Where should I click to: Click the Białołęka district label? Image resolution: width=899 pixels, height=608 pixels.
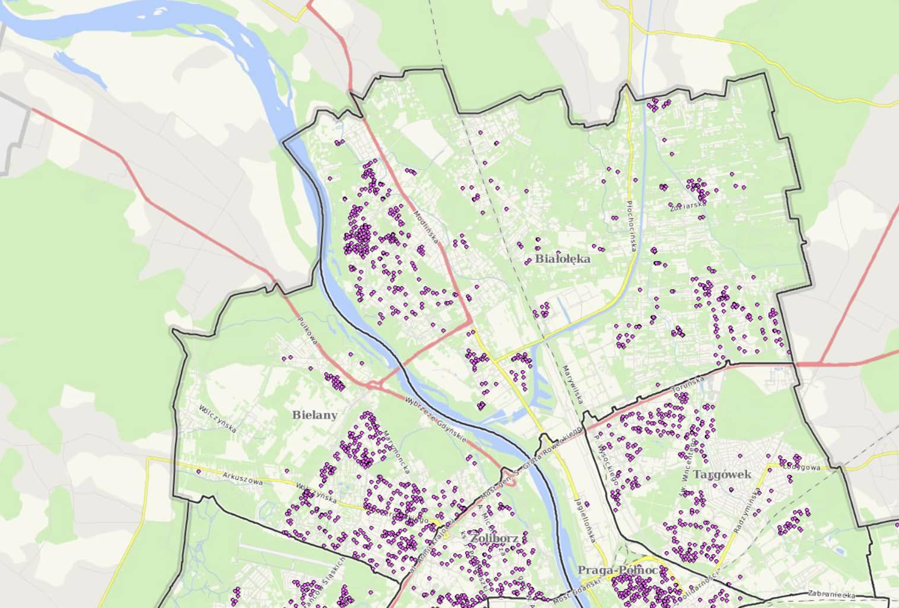(563, 259)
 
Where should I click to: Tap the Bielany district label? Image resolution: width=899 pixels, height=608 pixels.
(315, 415)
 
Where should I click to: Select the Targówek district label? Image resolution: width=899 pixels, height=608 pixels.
(722, 475)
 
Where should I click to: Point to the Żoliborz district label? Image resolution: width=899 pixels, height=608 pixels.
(495, 538)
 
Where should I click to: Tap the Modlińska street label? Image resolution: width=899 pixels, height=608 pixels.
(426, 228)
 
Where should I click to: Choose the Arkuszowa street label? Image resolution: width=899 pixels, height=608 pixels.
(243, 478)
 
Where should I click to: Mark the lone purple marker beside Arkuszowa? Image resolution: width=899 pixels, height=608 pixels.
(199, 472)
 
